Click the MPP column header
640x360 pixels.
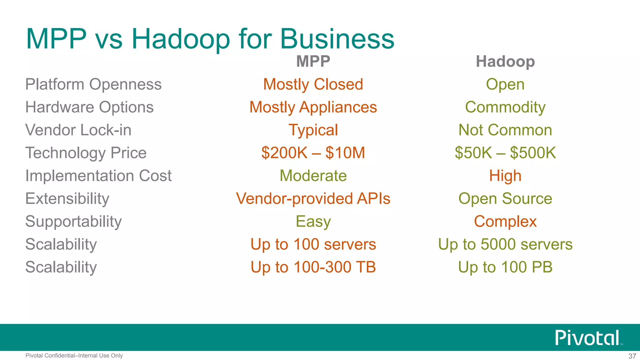pyautogui.click(x=313, y=61)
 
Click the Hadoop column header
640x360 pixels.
pyautogui.click(x=505, y=61)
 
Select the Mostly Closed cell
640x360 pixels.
pyautogui.click(x=313, y=84)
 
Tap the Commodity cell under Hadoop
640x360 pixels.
pyautogui.click(x=505, y=107)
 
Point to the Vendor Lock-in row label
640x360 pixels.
pyautogui.click(x=78, y=130)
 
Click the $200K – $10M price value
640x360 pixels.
pyautogui.click(x=313, y=153)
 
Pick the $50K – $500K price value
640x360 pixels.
pyautogui.click(x=505, y=153)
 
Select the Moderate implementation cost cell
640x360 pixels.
pyautogui.click(x=313, y=176)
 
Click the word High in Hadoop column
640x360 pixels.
pyautogui.click(x=505, y=176)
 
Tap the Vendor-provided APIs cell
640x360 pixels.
pyautogui.click(x=313, y=198)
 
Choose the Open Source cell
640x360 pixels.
pyautogui.click(x=505, y=198)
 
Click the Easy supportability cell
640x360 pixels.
pyautogui.click(x=313, y=222)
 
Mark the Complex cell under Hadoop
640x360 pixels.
pyautogui.click(x=505, y=222)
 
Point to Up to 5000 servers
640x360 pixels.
pyautogui.click(x=505, y=244)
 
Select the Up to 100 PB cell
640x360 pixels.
pyautogui.click(x=505, y=267)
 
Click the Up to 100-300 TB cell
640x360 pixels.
pyautogui.click(x=313, y=267)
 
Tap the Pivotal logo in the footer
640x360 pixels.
pyautogui.click(x=587, y=338)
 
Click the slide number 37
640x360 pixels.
pyautogui.click(x=632, y=356)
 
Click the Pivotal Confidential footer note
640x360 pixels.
pyautogui.click(x=74, y=356)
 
